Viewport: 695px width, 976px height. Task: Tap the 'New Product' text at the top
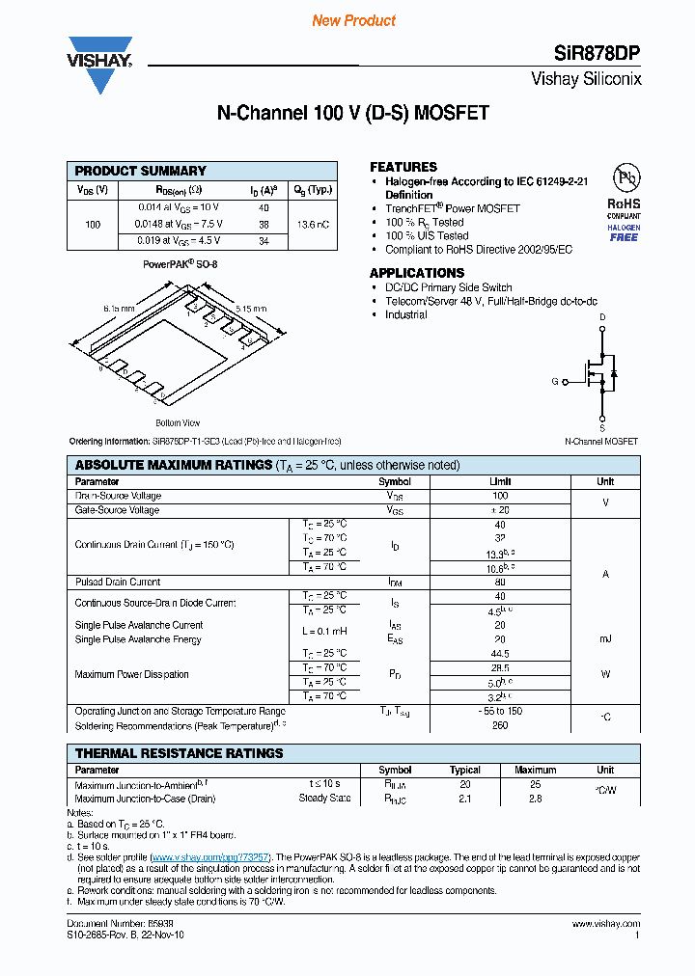click(354, 20)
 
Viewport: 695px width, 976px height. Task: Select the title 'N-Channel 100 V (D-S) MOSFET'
click(352, 113)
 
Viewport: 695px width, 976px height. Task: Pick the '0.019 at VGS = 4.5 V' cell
click(178, 240)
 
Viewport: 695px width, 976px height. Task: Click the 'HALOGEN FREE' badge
click(624, 232)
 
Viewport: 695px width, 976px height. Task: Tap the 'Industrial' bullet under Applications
click(405, 314)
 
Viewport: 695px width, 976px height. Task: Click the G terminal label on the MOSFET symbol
click(555, 382)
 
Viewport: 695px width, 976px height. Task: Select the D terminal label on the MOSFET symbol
click(602, 317)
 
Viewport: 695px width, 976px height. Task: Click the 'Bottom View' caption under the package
click(178, 422)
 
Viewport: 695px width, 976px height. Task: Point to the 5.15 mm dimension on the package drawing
click(258, 309)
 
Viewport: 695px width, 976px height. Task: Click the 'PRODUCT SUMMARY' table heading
click(141, 171)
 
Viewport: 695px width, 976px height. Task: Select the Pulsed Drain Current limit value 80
click(500, 582)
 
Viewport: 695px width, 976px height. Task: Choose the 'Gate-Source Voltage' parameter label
click(117, 510)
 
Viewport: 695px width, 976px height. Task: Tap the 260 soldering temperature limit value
click(500, 725)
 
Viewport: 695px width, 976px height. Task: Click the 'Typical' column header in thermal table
click(464, 770)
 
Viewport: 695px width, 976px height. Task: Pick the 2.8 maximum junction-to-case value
click(535, 799)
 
